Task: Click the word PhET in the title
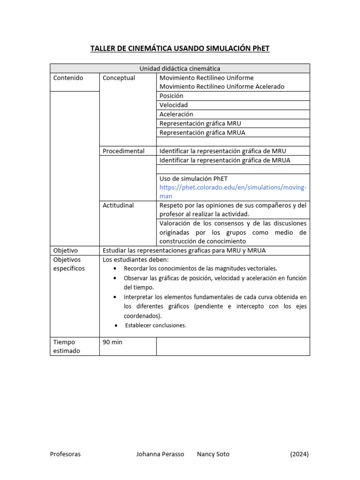[x=260, y=49]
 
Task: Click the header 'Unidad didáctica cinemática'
[x=180, y=68]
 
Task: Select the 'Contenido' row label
[x=68, y=78]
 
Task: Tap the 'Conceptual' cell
[x=119, y=78]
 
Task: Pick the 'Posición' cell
[x=172, y=96]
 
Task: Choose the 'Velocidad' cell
[x=173, y=105]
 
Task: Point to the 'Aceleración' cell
[x=176, y=114]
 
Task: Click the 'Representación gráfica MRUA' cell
[x=202, y=132]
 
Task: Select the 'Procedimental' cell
[x=124, y=151]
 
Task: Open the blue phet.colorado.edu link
[x=233, y=187]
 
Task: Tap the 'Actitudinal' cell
[x=118, y=205]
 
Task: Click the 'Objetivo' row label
[x=66, y=250]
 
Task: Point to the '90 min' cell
[x=112, y=342]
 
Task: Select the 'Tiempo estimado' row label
[x=67, y=346]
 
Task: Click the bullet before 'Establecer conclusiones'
[x=116, y=326]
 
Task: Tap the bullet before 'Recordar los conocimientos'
[x=116, y=269]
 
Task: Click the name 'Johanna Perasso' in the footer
[x=160, y=454]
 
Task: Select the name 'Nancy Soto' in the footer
[x=213, y=454]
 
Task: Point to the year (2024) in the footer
[x=299, y=454]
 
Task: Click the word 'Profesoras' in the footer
[x=65, y=454]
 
